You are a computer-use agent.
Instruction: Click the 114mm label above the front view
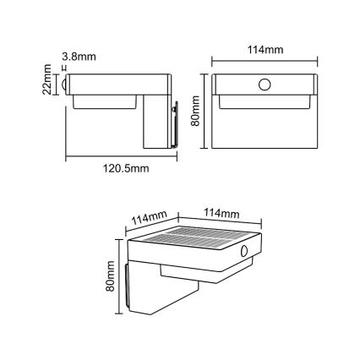point(263,50)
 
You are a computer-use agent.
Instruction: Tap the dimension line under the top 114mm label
point(263,60)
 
